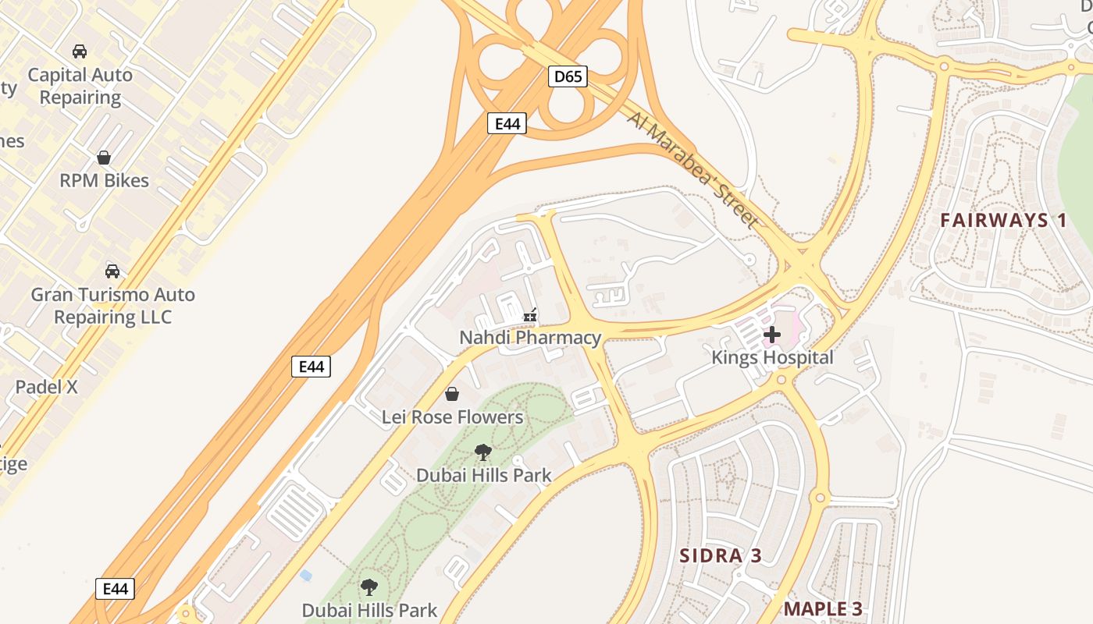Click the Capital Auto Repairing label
pyautogui.click(x=80, y=87)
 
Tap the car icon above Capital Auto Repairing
pyautogui.click(x=79, y=51)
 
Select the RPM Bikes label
pyautogui.click(x=104, y=181)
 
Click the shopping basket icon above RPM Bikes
pyautogui.click(x=104, y=158)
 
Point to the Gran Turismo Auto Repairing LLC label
pyautogui.click(x=112, y=306)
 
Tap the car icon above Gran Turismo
pyautogui.click(x=112, y=271)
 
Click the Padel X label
pyautogui.click(x=47, y=387)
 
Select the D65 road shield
pyautogui.click(x=568, y=76)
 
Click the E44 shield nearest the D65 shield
pyautogui.click(x=507, y=123)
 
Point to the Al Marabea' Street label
pyautogui.click(x=692, y=170)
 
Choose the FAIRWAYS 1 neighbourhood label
pyautogui.click(x=1003, y=220)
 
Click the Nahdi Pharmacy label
pyautogui.click(x=530, y=338)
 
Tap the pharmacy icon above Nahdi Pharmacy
pyautogui.click(x=530, y=316)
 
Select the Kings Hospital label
pyautogui.click(x=772, y=358)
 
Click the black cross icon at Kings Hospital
pyautogui.click(x=772, y=335)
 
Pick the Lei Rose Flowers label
pyautogui.click(x=452, y=417)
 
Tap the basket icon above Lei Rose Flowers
pyautogui.click(x=451, y=395)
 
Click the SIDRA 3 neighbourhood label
pyautogui.click(x=720, y=556)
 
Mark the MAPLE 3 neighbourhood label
pyautogui.click(x=823, y=609)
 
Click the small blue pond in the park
pyautogui.click(x=305, y=576)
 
